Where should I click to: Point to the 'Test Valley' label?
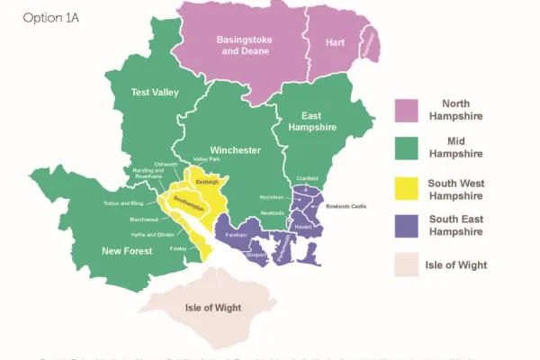point(155,93)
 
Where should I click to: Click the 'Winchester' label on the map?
point(235,149)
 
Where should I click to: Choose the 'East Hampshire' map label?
point(312,121)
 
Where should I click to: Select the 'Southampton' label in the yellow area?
point(190,201)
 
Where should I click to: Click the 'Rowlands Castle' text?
point(346,206)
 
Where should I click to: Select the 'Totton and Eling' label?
point(124,204)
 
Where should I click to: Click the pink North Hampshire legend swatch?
point(409,110)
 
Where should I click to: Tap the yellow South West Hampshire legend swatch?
point(409,188)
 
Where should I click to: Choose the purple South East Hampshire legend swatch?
point(409,227)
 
